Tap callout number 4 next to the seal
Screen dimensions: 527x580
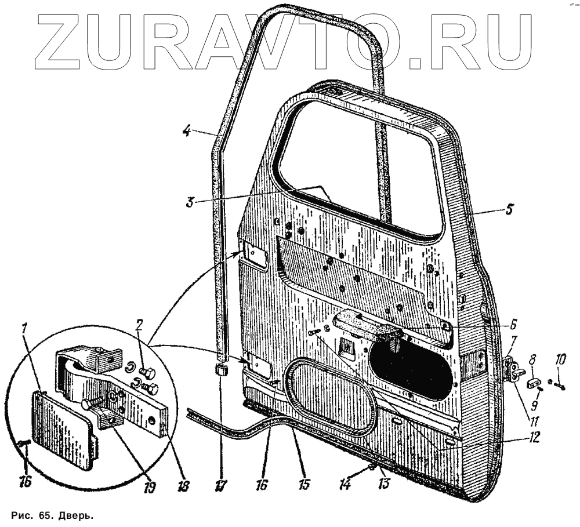click(186, 131)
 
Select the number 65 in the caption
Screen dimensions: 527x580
click(39, 516)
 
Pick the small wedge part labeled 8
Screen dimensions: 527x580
click(534, 383)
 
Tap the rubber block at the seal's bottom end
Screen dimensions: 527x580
click(220, 370)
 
